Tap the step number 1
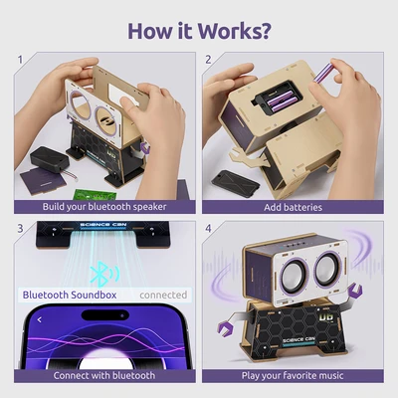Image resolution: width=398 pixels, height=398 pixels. click(x=20, y=60)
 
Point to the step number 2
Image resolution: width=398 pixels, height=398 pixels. click(x=209, y=60)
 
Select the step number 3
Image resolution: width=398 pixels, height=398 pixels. click(x=20, y=229)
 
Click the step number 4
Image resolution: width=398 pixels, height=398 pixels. click(x=209, y=229)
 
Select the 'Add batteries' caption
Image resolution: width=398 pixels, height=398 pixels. click(x=294, y=207)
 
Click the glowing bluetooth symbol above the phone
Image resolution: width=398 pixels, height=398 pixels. click(x=98, y=273)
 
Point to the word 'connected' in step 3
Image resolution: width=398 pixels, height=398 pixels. click(x=162, y=296)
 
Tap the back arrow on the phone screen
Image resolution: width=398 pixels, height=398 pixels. click(x=39, y=320)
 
